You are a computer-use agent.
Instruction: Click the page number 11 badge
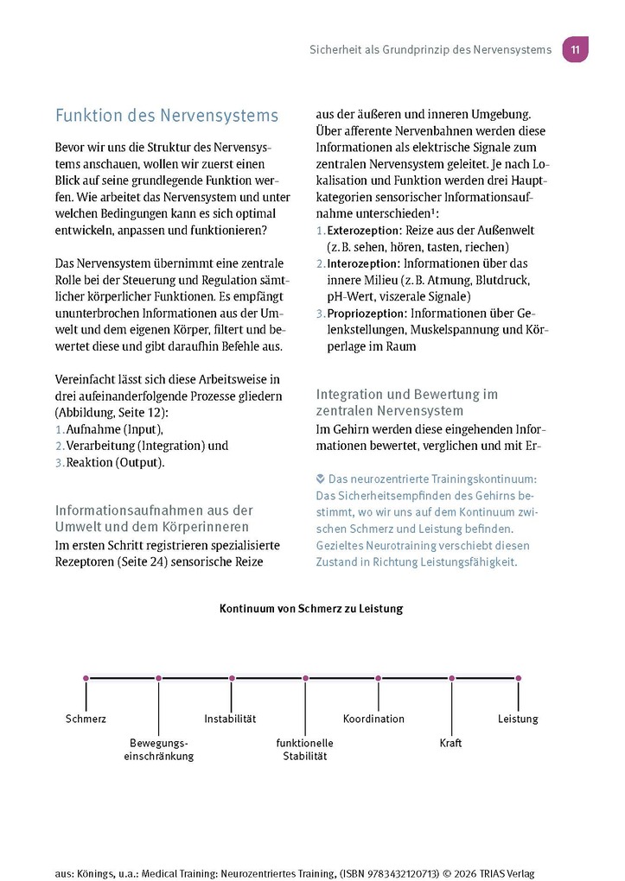point(575,49)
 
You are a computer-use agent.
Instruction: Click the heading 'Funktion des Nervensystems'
point(167,116)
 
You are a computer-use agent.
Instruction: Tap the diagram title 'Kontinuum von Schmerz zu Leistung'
point(311,609)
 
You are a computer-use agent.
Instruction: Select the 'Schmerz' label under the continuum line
point(86,719)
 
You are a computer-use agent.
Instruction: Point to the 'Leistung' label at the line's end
point(518,719)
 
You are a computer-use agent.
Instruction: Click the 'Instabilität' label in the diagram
point(230,719)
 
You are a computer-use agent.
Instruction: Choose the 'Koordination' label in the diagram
point(373,719)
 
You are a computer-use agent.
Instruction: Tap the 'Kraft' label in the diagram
point(450,743)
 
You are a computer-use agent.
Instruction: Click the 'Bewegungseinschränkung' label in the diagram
point(158,750)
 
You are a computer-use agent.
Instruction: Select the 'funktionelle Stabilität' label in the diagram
point(304,750)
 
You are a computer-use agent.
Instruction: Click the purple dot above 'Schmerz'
point(86,679)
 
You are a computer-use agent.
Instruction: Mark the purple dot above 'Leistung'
point(519,679)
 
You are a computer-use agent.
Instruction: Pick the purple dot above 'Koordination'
point(378,679)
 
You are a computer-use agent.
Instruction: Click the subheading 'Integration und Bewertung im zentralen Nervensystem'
point(406,402)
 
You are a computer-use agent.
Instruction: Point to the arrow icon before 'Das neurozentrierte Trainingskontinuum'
point(321,478)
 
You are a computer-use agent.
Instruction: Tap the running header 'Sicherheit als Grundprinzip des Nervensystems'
point(430,50)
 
